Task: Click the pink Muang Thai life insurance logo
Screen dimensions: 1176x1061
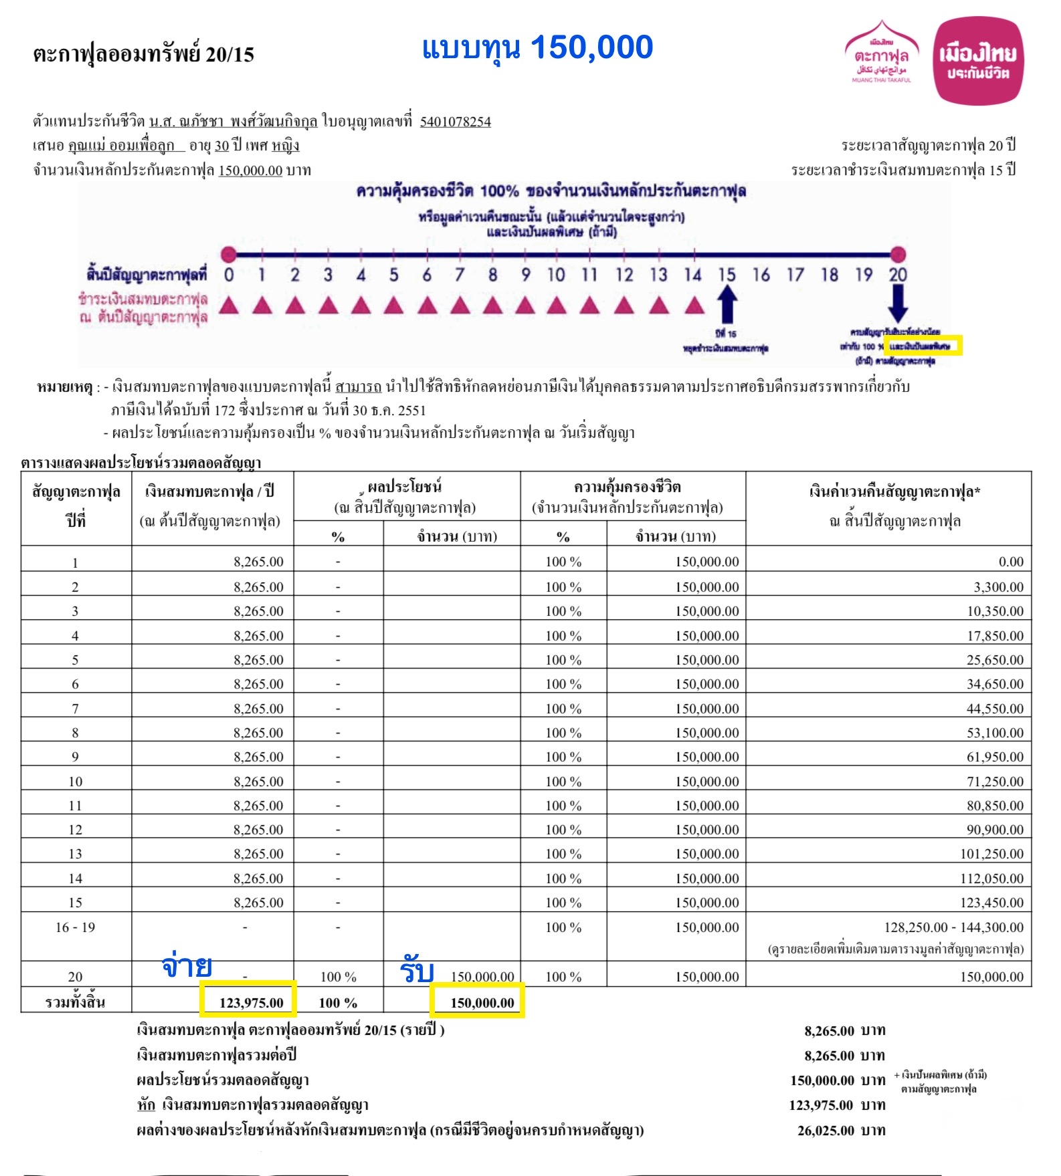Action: pos(977,62)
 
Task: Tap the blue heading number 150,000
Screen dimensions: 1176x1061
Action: pos(591,47)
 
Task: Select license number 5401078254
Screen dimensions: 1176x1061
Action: pos(455,122)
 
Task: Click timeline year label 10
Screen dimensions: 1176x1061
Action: pos(556,275)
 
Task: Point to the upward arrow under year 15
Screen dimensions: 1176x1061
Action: pos(727,304)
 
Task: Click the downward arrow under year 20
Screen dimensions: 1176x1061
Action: pos(897,303)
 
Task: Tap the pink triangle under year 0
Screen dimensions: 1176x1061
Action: pos(229,306)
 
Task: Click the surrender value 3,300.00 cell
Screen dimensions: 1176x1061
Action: pos(998,587)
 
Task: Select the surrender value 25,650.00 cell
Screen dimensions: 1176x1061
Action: pos(995,660)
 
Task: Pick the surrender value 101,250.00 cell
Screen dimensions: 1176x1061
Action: pos(991,854)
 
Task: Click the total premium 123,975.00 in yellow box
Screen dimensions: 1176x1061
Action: pos(251,1003)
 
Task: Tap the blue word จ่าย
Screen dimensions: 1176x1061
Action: pos(187,966)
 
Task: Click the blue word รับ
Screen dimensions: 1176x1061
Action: pos(417,971)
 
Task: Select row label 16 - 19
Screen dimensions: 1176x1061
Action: pos(76,927)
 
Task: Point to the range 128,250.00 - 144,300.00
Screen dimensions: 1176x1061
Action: pos(953,927)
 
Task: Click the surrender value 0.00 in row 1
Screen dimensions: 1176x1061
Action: pos(1011,562)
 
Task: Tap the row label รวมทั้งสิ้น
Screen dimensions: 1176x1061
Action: pos(75,1002)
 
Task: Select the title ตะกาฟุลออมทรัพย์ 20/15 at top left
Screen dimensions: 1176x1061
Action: pos(144,55)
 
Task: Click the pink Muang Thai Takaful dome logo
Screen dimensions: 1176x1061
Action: pos(881,53)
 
